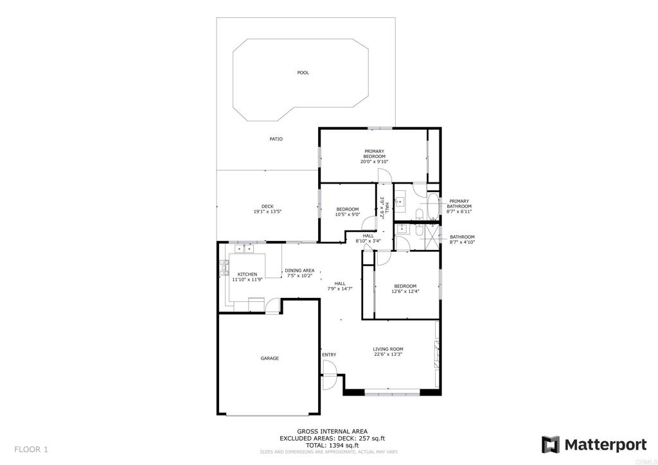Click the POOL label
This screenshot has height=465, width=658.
coord(303,73)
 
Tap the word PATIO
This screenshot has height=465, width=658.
coord(276,139)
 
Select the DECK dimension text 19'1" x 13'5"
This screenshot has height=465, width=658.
coord(267,212)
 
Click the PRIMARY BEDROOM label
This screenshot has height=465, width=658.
coord(374,154)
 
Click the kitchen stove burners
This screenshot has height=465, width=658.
coord(224,267)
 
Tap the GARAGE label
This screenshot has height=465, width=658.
coord(269,358)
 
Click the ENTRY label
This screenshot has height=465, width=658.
coord(329,355)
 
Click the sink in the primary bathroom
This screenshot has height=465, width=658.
coord(399,202)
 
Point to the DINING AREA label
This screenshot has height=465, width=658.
coord(299,270)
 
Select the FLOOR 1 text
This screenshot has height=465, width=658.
coord(31,449)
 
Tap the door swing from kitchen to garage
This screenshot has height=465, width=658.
coord(274,307)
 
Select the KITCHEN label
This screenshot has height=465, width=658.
coord(247,274)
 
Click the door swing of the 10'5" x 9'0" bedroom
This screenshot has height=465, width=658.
coord(369,224)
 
